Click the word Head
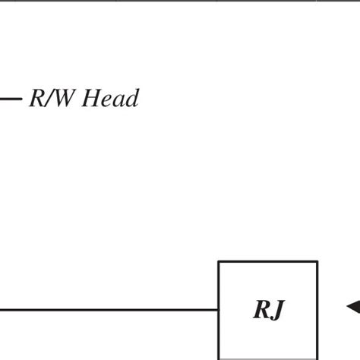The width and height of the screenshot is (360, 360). (111, 99)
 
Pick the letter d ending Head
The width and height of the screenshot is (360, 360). (131, 99)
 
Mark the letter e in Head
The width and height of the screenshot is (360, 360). (107, 101)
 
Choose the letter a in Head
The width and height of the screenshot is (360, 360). (118, 101)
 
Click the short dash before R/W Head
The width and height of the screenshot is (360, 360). (11, 99)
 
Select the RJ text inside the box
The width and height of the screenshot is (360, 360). (268, 310)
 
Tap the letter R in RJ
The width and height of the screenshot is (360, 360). (261, 310)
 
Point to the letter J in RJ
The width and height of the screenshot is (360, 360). (277, 310)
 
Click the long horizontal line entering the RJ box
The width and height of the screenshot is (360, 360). (106, 310)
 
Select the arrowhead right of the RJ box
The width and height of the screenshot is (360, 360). (353, 307)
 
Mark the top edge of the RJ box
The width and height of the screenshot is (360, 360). (268, 262)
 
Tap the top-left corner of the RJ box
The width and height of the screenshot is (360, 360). (219, 262)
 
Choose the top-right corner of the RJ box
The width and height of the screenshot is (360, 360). (317, 262)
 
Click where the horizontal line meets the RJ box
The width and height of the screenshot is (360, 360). (219, 310)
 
